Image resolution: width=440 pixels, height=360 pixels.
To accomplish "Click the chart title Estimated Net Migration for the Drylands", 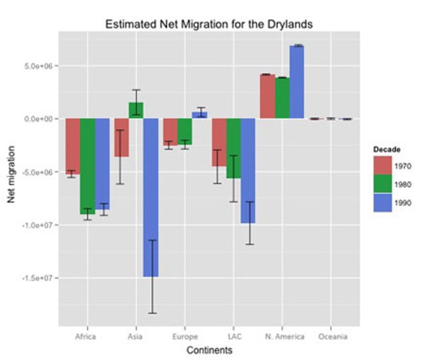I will click(209, 24).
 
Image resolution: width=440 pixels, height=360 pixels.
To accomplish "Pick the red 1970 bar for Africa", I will click(72, 146).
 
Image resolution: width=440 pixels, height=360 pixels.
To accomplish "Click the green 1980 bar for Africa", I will click(87, 166).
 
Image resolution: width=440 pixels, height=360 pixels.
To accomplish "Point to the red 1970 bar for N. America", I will click(267, 96).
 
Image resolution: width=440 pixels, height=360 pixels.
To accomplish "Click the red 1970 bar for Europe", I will click(169, 131).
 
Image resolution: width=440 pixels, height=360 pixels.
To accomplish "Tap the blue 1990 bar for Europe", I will click(199, 115).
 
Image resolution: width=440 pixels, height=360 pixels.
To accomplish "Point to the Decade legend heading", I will click(386, 149).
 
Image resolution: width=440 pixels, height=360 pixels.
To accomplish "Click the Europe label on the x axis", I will click(184, 337).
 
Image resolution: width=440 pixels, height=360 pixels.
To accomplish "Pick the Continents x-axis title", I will click(208, 349).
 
